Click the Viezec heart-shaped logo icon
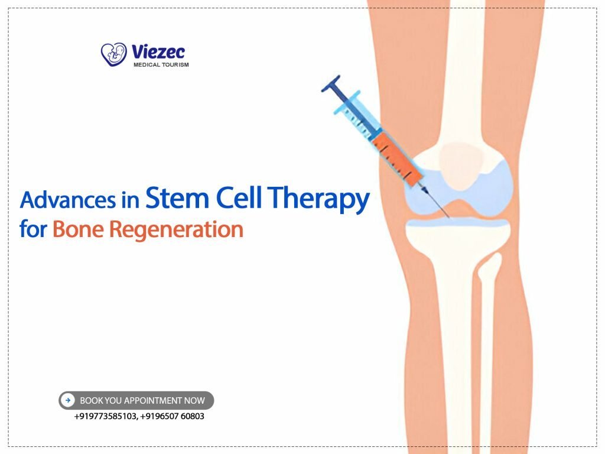pyautogui.click(x=114, y=54)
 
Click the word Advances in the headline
pyautogui.click(x=67, y=201)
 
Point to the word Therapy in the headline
pyautogui.click(x=320, y=201)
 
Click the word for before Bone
pyautogui.click(x=33, y=229)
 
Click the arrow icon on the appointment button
pyautogui.click(x=69, y=401)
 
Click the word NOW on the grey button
pyautogui.click(x=194, y=401)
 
